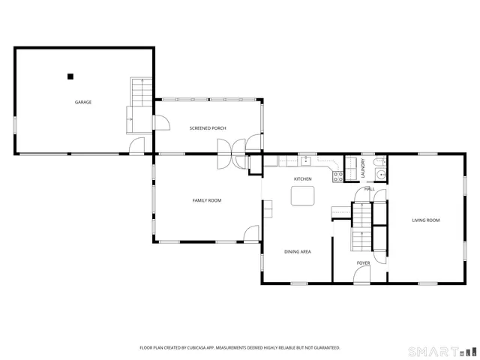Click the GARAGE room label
[82, 102]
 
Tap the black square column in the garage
[70, 76]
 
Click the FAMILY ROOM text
[206, 200]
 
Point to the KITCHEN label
[302, 178]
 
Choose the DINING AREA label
[297, 251]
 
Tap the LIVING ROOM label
[425, 220]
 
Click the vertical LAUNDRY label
[362, 169]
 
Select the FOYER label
[363, 263]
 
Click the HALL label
[369, 188]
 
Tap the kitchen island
[303, 196]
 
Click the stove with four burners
[337, 177]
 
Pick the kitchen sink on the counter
[306, 160]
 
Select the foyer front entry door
[361, 275]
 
